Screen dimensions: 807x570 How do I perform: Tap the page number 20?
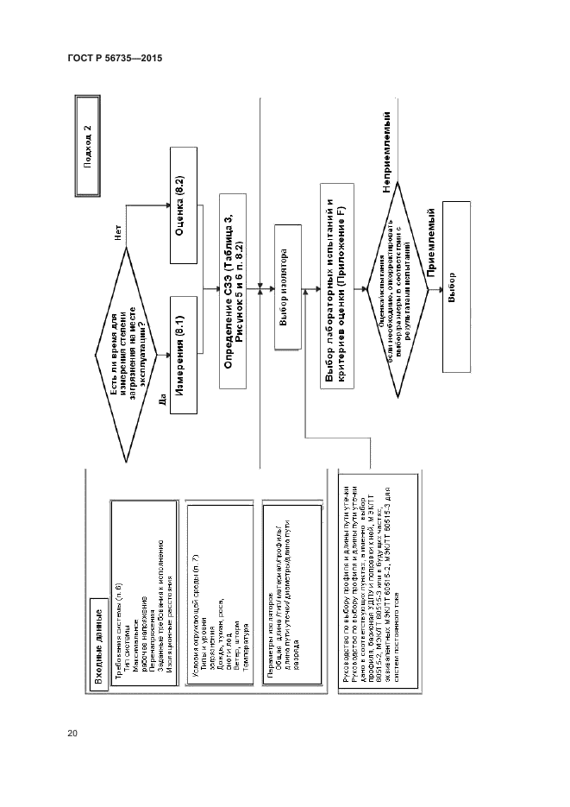tap(72, 734)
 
